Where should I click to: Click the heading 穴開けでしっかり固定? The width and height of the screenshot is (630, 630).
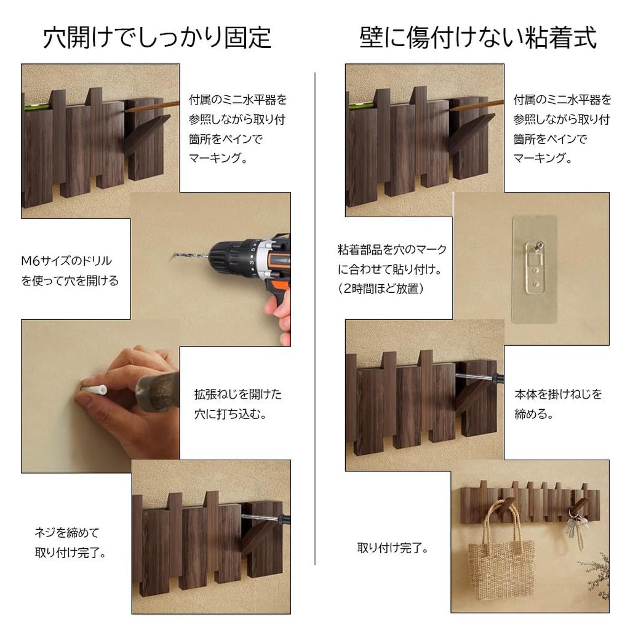point(157,38)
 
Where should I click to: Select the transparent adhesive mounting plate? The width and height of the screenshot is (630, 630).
point(534,268)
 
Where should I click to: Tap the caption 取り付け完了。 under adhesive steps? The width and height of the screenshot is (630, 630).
point(393,547)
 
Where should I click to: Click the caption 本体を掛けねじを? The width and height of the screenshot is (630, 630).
point(558,394)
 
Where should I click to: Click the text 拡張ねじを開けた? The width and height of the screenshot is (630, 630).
point(237,394)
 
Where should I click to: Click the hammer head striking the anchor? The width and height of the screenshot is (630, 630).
point(157,388)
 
